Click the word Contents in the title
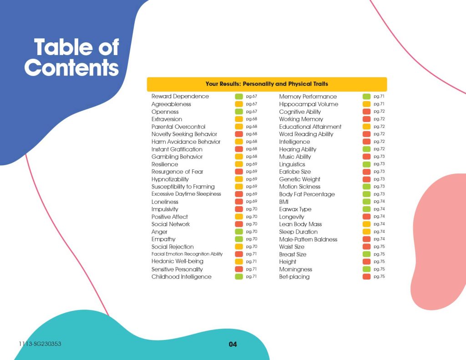[71, 67]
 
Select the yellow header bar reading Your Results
[267, 84]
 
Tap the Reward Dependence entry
[180, 96]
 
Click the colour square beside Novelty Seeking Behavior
[238, 134]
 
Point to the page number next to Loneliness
[252, 202]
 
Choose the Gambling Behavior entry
[177, 157]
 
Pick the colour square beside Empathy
[238, 239]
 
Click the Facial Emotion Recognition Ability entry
[187, 254]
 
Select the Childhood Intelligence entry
[181, 277]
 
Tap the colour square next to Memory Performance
[366, 96]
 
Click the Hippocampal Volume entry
[309, 104]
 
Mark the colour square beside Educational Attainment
[366, 127]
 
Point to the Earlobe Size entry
[295, 172]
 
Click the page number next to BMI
[379, 202]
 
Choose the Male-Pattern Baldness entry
[308, 239]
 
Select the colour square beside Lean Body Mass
[366, 224]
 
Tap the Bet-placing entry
[294, 277]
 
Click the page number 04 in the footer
[233, 345]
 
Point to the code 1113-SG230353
[40, 344]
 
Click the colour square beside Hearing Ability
[366, 149]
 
